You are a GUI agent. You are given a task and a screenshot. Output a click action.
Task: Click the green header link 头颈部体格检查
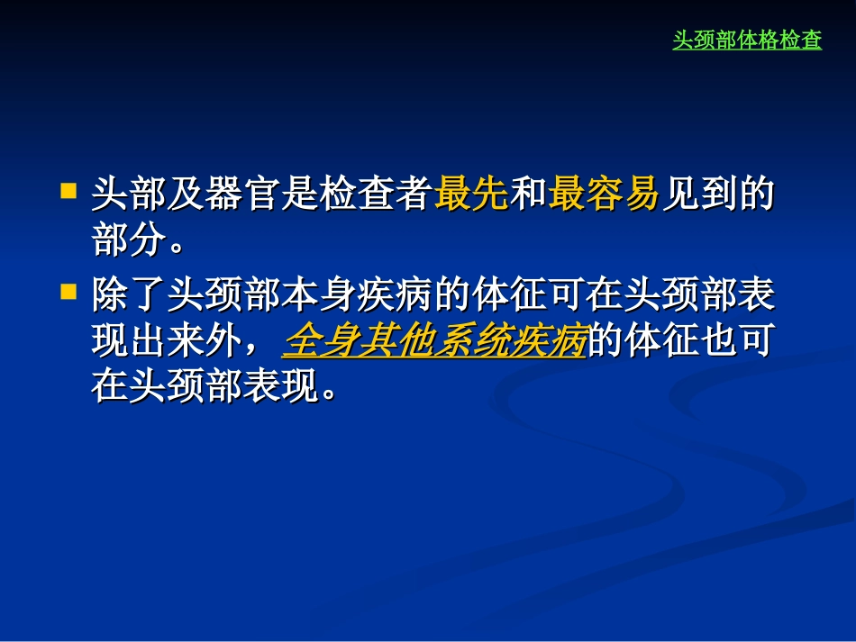[747, 41]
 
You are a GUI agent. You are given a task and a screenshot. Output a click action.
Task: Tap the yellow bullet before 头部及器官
[68, 191]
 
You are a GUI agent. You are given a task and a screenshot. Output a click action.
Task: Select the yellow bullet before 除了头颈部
[68, 292]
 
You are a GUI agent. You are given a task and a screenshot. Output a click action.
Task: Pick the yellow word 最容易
[605, 194]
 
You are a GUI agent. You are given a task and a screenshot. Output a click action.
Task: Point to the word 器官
[244, 194]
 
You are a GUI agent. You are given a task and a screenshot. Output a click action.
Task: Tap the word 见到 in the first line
[699, 194]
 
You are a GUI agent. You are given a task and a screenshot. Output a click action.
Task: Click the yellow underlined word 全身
[321, 342]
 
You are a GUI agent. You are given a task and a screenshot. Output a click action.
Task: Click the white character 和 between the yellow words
[529, 194]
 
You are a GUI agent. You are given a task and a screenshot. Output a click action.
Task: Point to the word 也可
[736, 342]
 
